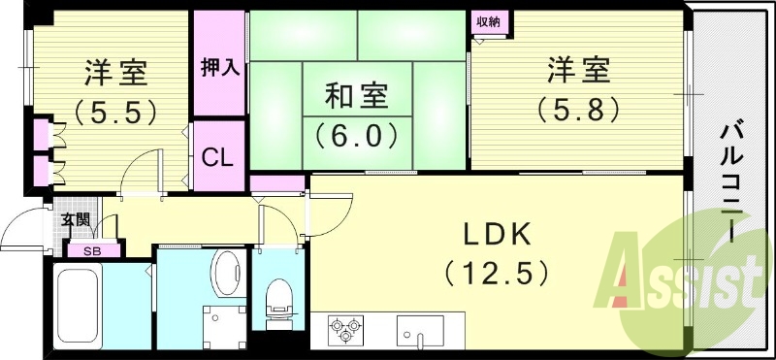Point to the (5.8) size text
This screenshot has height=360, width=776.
[579, 109]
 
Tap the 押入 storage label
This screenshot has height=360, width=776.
[219, 69]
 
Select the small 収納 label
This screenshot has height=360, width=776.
[488, 21]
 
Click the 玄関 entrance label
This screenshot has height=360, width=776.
[75, 220]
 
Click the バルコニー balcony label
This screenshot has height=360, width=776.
[729, 184]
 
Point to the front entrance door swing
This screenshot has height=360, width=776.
[26, 231]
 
